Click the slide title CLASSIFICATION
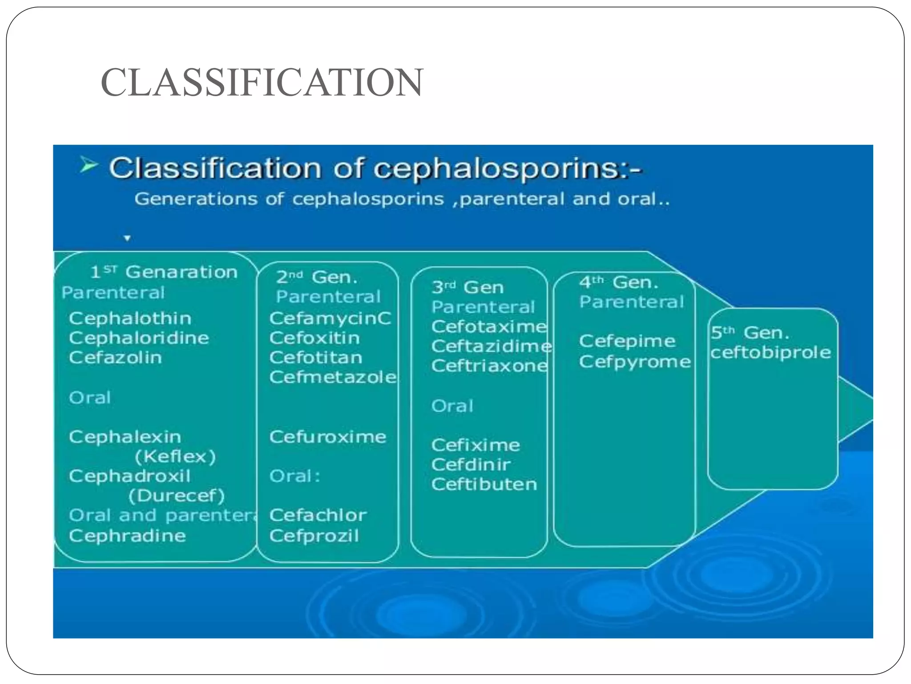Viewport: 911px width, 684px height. [262, 82]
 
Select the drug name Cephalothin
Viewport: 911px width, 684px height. [130, 318]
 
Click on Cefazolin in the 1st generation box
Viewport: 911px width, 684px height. [115, 358]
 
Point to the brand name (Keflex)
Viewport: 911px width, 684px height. [175, 456]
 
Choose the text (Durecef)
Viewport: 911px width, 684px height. [177, 496]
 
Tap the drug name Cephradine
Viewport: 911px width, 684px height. [127, 535]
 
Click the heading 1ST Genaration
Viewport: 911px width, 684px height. [164, 272]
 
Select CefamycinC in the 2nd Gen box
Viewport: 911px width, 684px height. [330, 318]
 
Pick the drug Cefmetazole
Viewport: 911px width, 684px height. [333, 377]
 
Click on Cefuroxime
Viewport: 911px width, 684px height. [327, 436]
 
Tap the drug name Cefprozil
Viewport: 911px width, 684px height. [314, 535]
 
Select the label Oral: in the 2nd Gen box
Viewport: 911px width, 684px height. [294, 476]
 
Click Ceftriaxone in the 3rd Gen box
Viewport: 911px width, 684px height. [489, 366]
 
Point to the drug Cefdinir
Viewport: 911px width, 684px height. [471, 464]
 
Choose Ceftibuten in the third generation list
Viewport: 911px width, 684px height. [484, 484]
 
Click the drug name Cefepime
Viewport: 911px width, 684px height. [627, 341]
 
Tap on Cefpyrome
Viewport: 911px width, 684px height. [635, 362]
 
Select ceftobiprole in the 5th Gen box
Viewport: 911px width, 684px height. [770, 353]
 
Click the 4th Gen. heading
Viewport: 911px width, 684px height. [618, 282]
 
